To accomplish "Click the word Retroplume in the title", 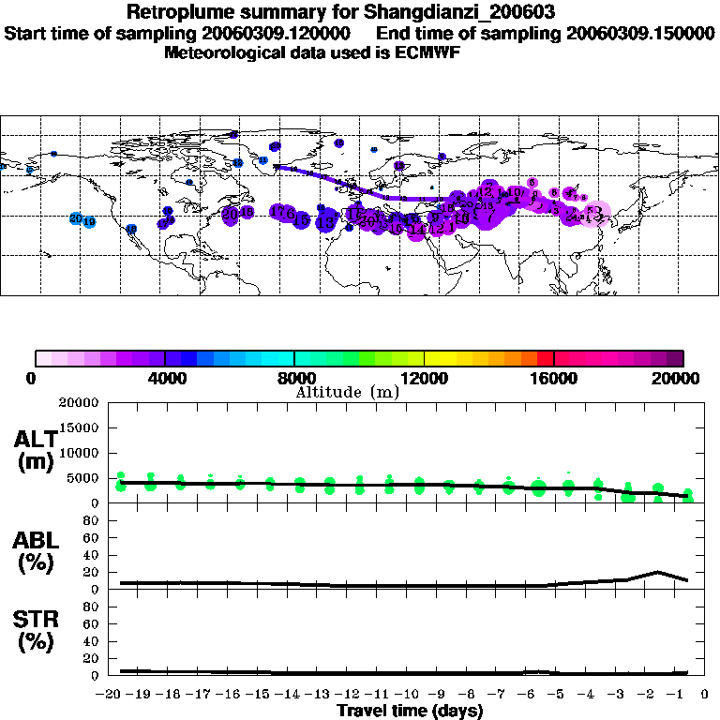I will pos(181,13).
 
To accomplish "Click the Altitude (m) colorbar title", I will pos(347,392).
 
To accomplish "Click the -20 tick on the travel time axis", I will pos(110,696).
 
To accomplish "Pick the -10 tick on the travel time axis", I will pos(406,696).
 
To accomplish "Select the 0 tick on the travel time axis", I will pos(703,696).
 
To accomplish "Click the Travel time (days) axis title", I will pos(411,712).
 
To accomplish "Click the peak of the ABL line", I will pos(658,571).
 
